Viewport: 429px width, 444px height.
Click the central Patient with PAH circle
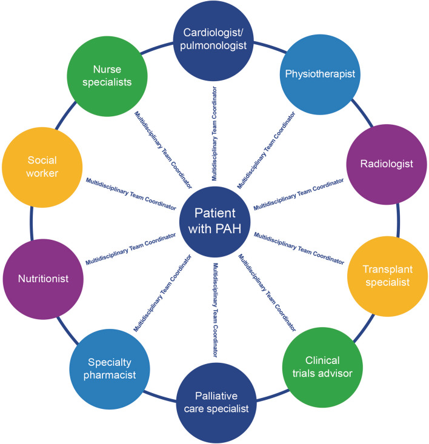214,222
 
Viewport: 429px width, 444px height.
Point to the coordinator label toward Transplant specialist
299,248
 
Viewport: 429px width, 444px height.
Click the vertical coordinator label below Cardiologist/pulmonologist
215,133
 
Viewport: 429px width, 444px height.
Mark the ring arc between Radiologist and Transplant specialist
399,220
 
